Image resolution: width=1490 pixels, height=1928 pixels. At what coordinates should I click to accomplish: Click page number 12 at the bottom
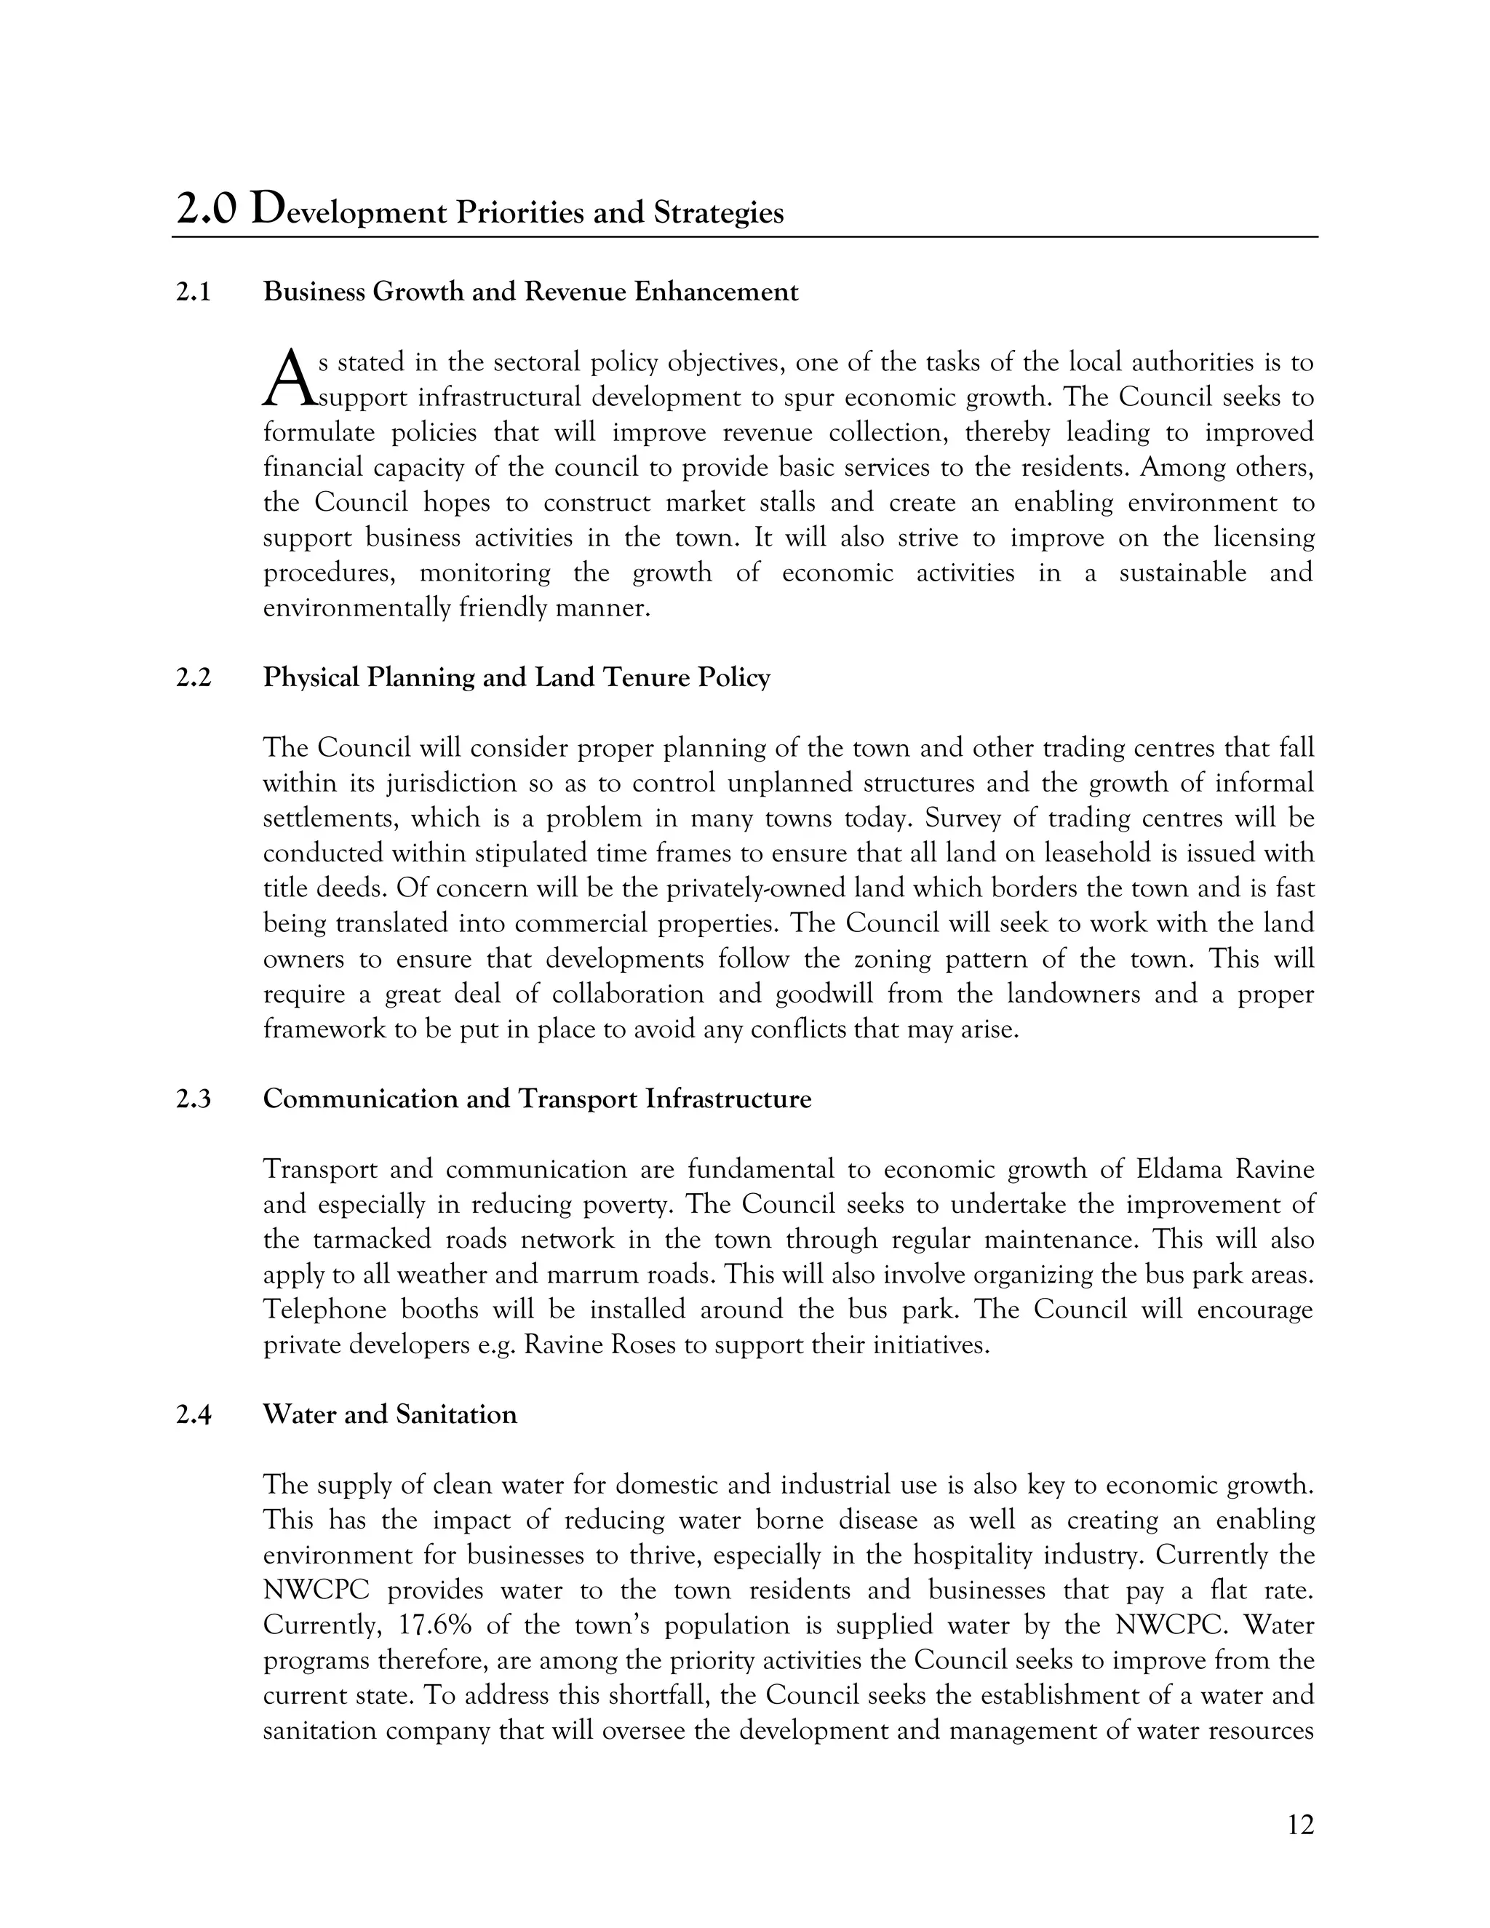click(x=1300, y=1825)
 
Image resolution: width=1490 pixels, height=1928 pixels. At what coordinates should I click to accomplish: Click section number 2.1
click(x=194, y=292)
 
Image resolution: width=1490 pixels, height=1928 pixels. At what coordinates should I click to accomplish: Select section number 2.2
click(x=194, y=678)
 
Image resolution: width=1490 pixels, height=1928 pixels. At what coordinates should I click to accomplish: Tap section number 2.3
click(x=194, y=1099)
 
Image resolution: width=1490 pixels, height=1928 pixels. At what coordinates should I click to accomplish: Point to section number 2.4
click(x=194, y=1415)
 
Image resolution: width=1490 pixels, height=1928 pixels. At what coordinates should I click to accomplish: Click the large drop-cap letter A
click(x=289, y=380)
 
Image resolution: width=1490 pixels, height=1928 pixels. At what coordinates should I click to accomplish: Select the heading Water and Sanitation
click(x=389, y=1415)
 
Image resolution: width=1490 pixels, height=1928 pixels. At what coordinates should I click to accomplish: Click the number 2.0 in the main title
click(x=207, y=211)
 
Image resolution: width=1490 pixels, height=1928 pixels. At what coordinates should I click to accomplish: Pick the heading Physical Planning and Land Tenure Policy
click(x=517, y=678)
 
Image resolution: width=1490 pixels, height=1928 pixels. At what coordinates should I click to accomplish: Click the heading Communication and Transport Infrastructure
click(x=537, y=1099)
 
